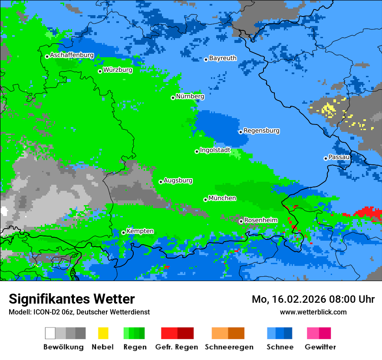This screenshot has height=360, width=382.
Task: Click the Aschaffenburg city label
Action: pos(72,56)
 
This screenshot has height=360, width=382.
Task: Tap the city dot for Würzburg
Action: pos(100,71)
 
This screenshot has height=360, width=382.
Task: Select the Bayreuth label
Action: pos(223,58)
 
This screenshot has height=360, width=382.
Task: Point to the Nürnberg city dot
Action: pos(173,98)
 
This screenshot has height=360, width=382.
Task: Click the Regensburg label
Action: pos(261,131)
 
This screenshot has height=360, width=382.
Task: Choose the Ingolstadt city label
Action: pos(215,150)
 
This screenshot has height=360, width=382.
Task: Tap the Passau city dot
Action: pos(326,158)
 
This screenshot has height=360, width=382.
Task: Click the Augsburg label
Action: pos(178,180)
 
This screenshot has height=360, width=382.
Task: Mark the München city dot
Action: pos(205,200)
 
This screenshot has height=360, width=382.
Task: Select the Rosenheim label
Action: pos(260,220)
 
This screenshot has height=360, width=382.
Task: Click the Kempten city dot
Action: pos(123,232)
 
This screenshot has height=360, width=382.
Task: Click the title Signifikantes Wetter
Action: pos(72,299)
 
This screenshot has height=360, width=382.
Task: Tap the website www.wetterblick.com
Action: pos(313,312)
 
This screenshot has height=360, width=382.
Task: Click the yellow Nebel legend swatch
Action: pos(103,333)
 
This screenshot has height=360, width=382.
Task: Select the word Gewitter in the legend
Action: pos(320,347)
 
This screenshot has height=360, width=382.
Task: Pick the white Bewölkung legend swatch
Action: pos(50,333)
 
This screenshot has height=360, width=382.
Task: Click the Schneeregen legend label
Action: pos(229,347)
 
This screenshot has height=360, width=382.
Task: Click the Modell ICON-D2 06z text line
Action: pos(79,312)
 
